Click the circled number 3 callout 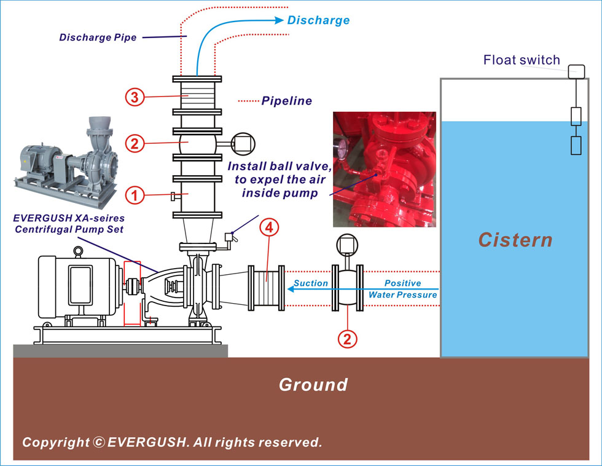[135, 97]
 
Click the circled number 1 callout [135, 195]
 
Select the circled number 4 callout [269, 227]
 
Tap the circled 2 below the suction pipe [347, 339]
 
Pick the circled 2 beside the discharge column [135, 144]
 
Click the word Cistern [515, 240]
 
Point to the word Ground [313, 385]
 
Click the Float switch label [522, 60]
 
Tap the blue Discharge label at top [318, 20]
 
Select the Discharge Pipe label [98, 38]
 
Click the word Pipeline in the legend [286, 101]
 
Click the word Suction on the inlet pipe [311, 283]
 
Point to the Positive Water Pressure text [403, 289]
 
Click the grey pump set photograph [66, 162]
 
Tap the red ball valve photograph [385, 169]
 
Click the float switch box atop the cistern [576, 72]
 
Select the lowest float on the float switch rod [576, 145]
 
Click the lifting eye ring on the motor [79, 251]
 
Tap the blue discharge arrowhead [279, 20]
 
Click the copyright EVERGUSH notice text [172, 442]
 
